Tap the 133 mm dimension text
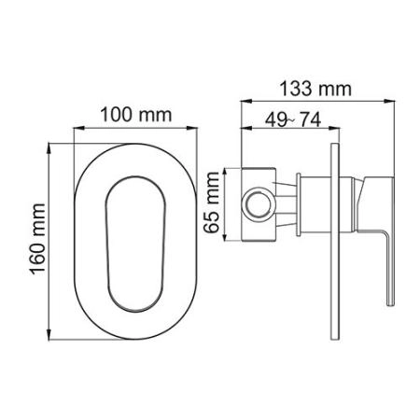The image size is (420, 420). click(x=315, y=89)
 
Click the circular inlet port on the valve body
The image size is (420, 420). click(x=255, y=203)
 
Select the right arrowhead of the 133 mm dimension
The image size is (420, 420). click(x=392, y=100)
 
